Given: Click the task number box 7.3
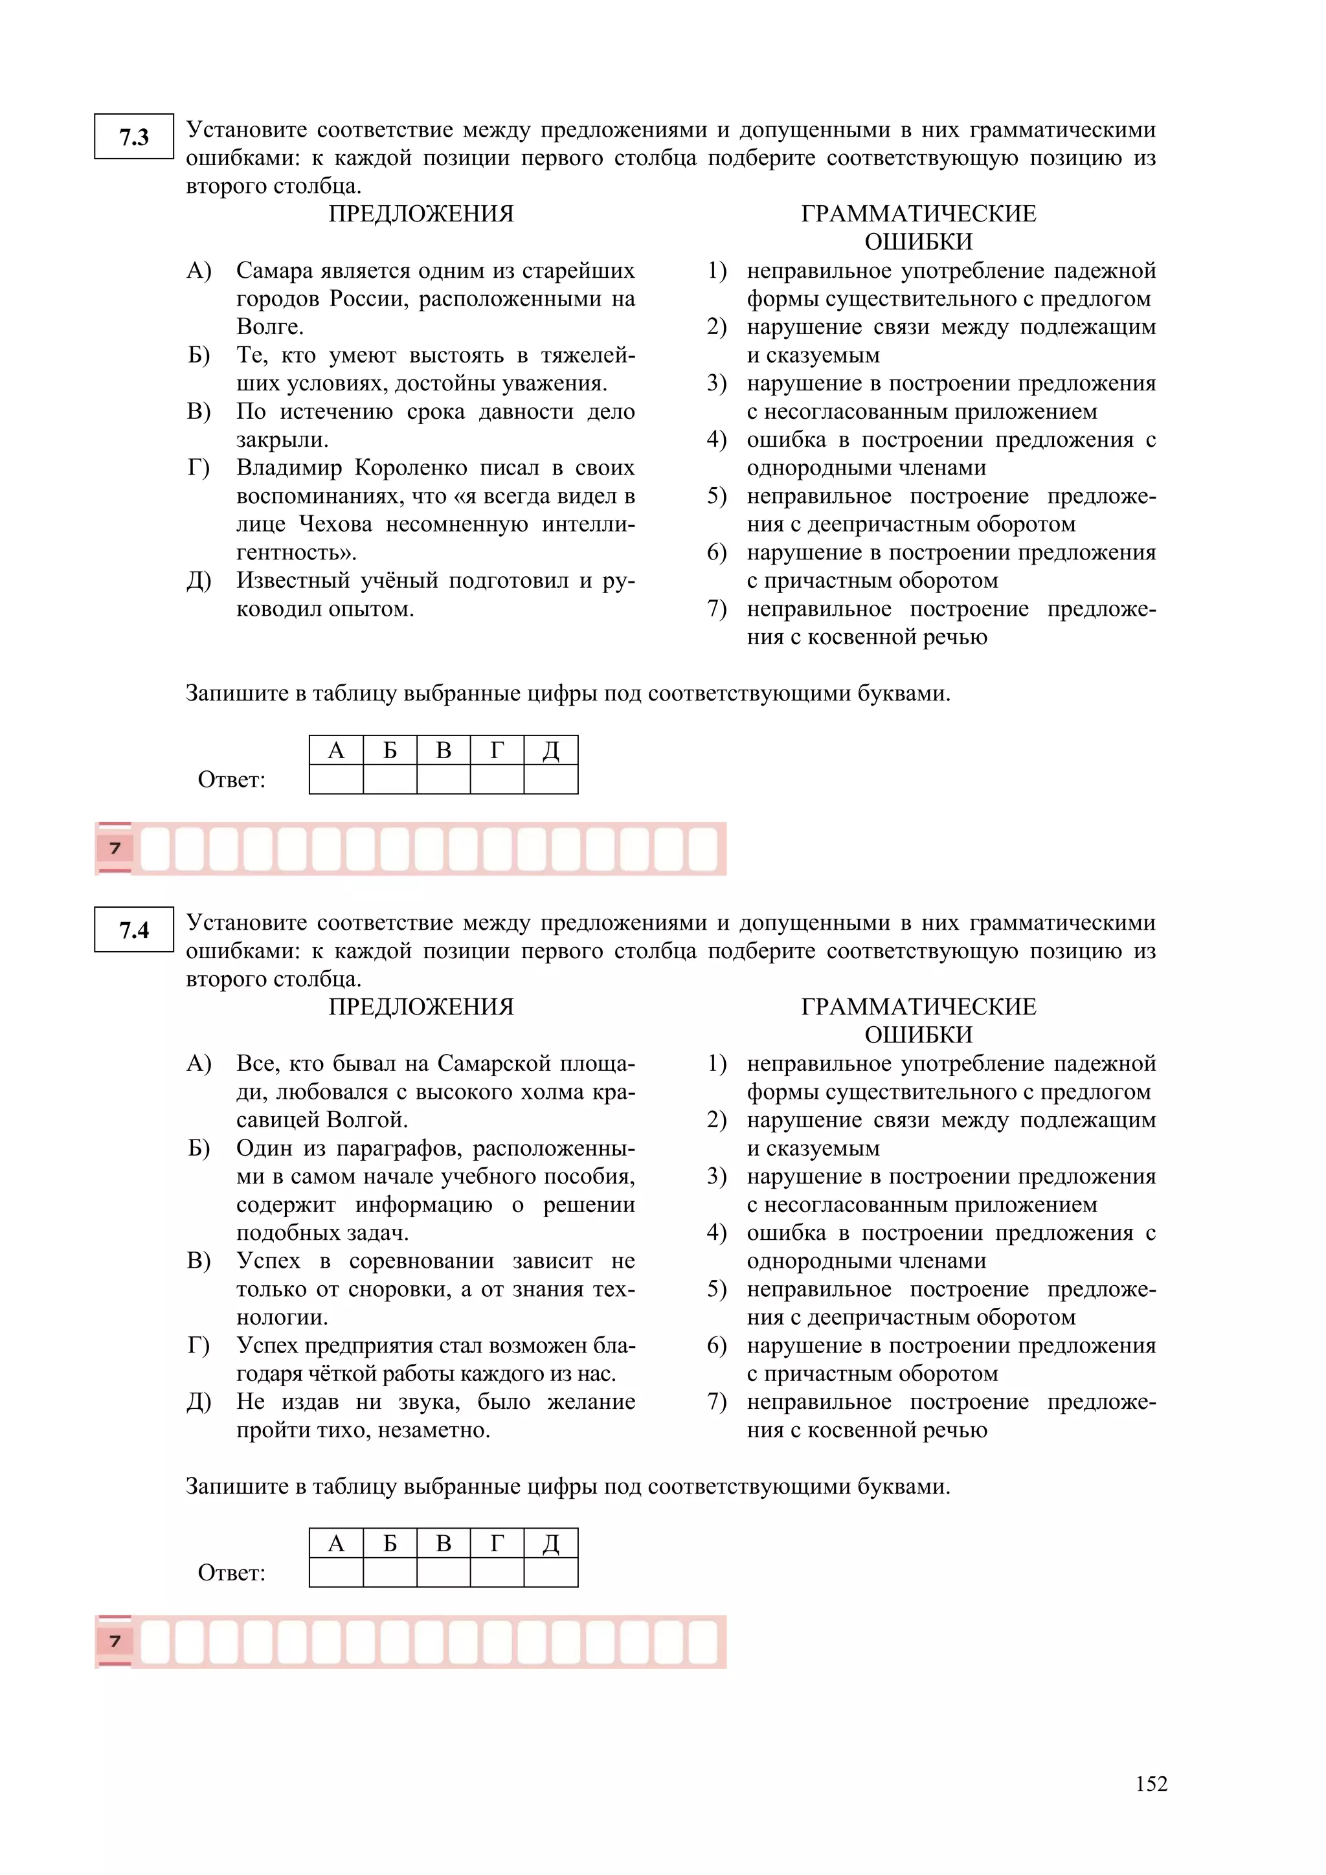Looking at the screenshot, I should (x=134, y=137).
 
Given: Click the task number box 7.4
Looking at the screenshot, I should (x=134, y=929).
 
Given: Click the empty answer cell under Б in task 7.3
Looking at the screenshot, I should (x=390, y=779).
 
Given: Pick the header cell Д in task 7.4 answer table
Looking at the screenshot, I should (x=550, y=1544).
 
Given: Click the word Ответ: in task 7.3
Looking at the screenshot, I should (x=232, y=780).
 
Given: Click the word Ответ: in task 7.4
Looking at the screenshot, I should (x=232, y=1573).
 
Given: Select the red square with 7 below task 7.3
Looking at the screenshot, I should (x=115, y=848).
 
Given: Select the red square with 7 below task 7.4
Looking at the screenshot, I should (x=115, y=1641).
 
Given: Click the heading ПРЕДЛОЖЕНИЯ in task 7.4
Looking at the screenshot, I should (x=421, y=1007).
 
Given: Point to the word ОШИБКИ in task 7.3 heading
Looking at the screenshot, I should (x=919, y=243).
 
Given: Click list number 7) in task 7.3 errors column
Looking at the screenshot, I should (x=716, y=609).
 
